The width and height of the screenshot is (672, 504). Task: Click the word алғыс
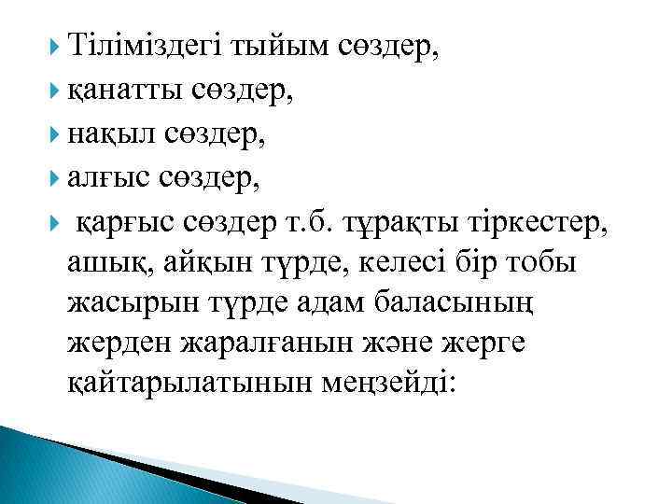100,179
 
